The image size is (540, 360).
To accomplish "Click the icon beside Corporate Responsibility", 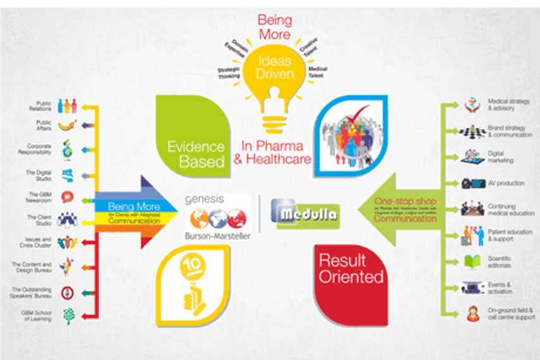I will point(66,150).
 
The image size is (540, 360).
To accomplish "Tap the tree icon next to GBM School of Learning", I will point(67,315).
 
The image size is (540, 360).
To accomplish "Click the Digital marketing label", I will point(501,157).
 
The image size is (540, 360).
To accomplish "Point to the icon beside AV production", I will point(470,183).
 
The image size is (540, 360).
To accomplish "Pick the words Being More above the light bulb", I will point(274,27).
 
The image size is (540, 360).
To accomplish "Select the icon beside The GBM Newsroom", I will point(67,197).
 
